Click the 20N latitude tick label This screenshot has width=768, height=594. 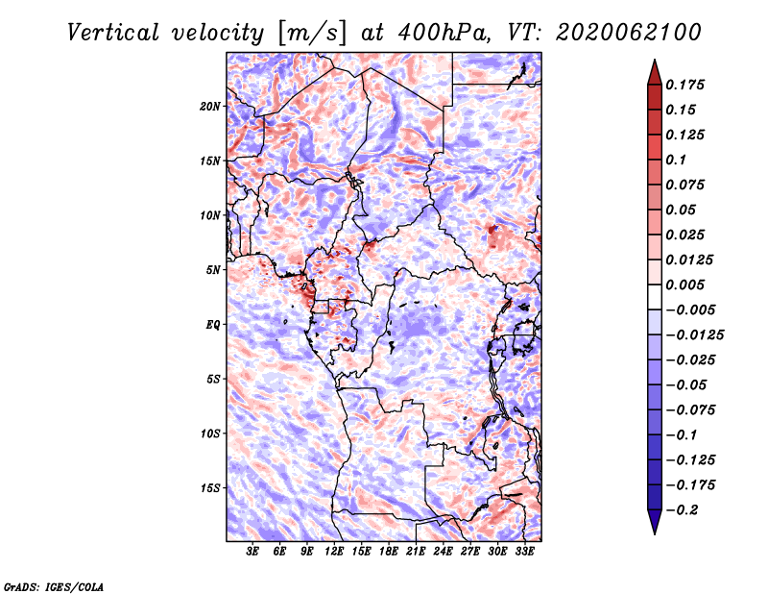[210, 106]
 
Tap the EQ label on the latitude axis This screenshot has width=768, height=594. [213, 325]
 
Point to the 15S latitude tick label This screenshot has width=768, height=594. [210, 488]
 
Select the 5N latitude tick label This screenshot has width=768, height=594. [213, 270]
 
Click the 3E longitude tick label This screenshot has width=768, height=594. [252, 552]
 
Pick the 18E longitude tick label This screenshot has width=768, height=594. [389, 552]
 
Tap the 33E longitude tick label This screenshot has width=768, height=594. [524, 552]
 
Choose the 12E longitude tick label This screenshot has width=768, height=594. [334, 552]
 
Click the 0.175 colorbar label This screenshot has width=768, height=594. [684, 85]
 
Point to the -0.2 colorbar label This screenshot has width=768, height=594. [682, 510]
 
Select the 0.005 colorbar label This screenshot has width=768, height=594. [684, 285]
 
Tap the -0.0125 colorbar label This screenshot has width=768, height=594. [694, 335]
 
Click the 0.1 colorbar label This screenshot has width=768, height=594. [676, 160]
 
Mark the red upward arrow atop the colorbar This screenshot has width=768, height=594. [655, 72]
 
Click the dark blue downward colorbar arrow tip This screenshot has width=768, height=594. [655, 533]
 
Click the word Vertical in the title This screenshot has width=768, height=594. [112, 33]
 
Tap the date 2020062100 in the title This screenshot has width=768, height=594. [629, 33]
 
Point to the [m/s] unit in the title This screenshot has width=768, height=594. [313, 34]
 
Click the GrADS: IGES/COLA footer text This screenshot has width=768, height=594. [54, 586]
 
